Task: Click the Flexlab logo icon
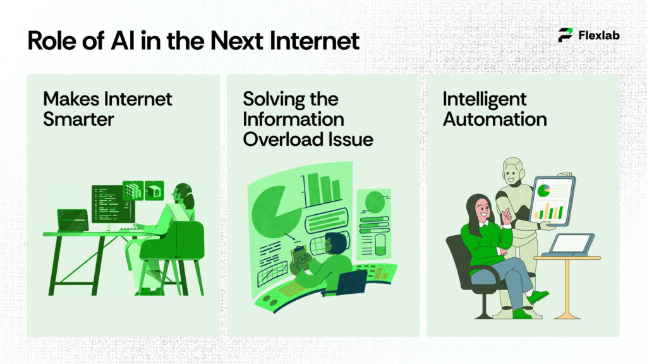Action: click(565, 35)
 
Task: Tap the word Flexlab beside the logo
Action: click(599, 35)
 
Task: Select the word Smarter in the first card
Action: click(80, 118)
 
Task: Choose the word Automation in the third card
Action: click(495, 118)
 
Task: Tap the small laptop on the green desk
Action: click(73, 221)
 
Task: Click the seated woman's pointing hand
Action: click(505, 215)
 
